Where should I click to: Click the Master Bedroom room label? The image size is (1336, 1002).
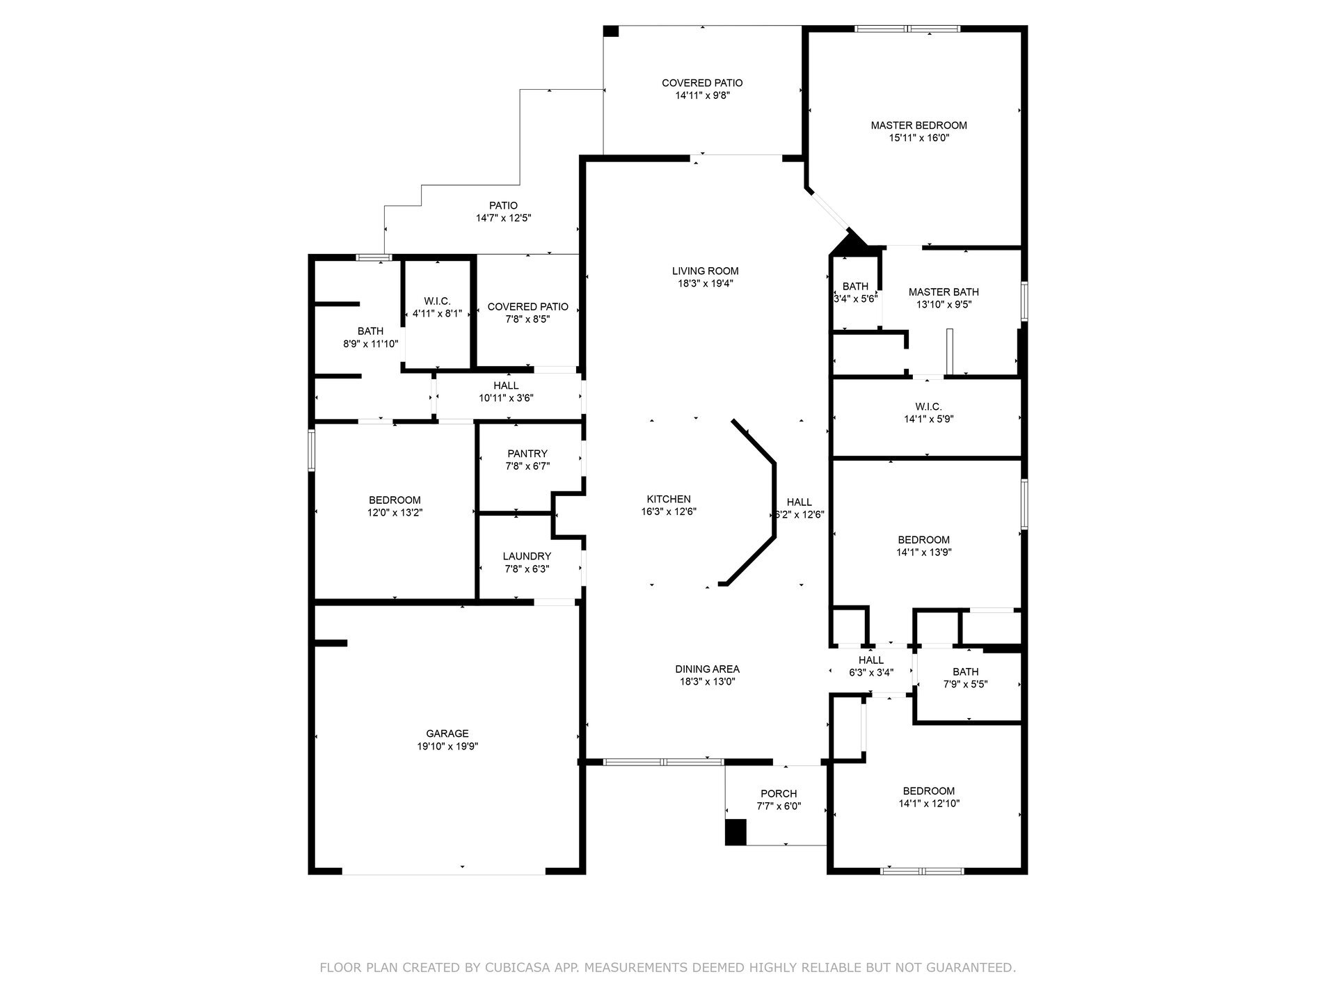tap(918, 125)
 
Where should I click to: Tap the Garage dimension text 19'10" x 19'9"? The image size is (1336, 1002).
tap(447, 746)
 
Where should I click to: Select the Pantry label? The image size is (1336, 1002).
tap(527, 454)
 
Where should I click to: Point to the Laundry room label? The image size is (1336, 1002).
tap(527, 556)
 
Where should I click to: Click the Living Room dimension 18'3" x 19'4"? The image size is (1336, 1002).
tap(705, 283)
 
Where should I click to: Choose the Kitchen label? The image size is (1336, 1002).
tap(669, 499)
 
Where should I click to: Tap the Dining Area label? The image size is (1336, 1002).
tap(707, 669)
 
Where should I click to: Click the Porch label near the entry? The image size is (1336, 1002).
tap(779, 793)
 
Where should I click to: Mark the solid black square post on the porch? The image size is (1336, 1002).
tap(735, 832)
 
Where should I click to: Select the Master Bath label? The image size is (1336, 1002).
tap(944, 292)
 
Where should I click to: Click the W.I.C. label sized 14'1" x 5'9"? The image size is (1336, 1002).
tap(928, 406)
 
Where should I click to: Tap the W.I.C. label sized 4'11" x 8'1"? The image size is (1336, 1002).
tap(437, 301)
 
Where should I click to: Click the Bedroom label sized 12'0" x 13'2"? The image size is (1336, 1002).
tap(395, 500)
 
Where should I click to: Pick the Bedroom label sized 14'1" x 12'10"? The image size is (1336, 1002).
tap(929, 790)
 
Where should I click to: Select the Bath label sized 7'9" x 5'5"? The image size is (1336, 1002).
tap(965, 671)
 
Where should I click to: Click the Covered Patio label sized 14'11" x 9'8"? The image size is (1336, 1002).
tap(702, 83)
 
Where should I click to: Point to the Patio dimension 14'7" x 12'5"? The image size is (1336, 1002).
tap(503, 218)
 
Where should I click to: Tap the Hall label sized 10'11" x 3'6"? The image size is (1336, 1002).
tap(506, 385)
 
